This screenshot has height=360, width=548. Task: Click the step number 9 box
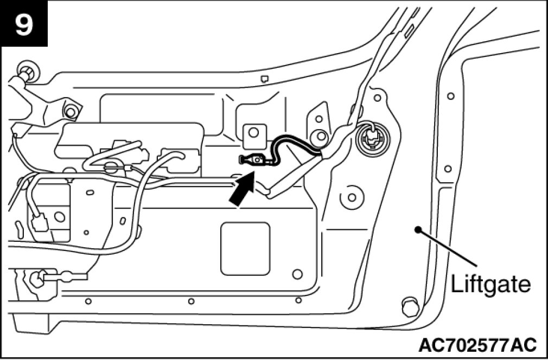tap(24, 24)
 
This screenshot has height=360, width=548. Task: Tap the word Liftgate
tap(490, 284)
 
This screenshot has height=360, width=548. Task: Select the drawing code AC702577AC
tap(477, 344)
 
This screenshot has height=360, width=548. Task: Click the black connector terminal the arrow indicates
tap(251, 159)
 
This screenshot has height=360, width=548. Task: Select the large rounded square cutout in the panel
tap(245, 248)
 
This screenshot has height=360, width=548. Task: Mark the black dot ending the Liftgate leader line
tap(417, 229)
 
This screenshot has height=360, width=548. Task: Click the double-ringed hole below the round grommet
tap(352, 196)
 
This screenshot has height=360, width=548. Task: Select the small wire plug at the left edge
tap(39, 222)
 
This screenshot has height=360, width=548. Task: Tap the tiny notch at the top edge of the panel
tap(264, 79)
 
